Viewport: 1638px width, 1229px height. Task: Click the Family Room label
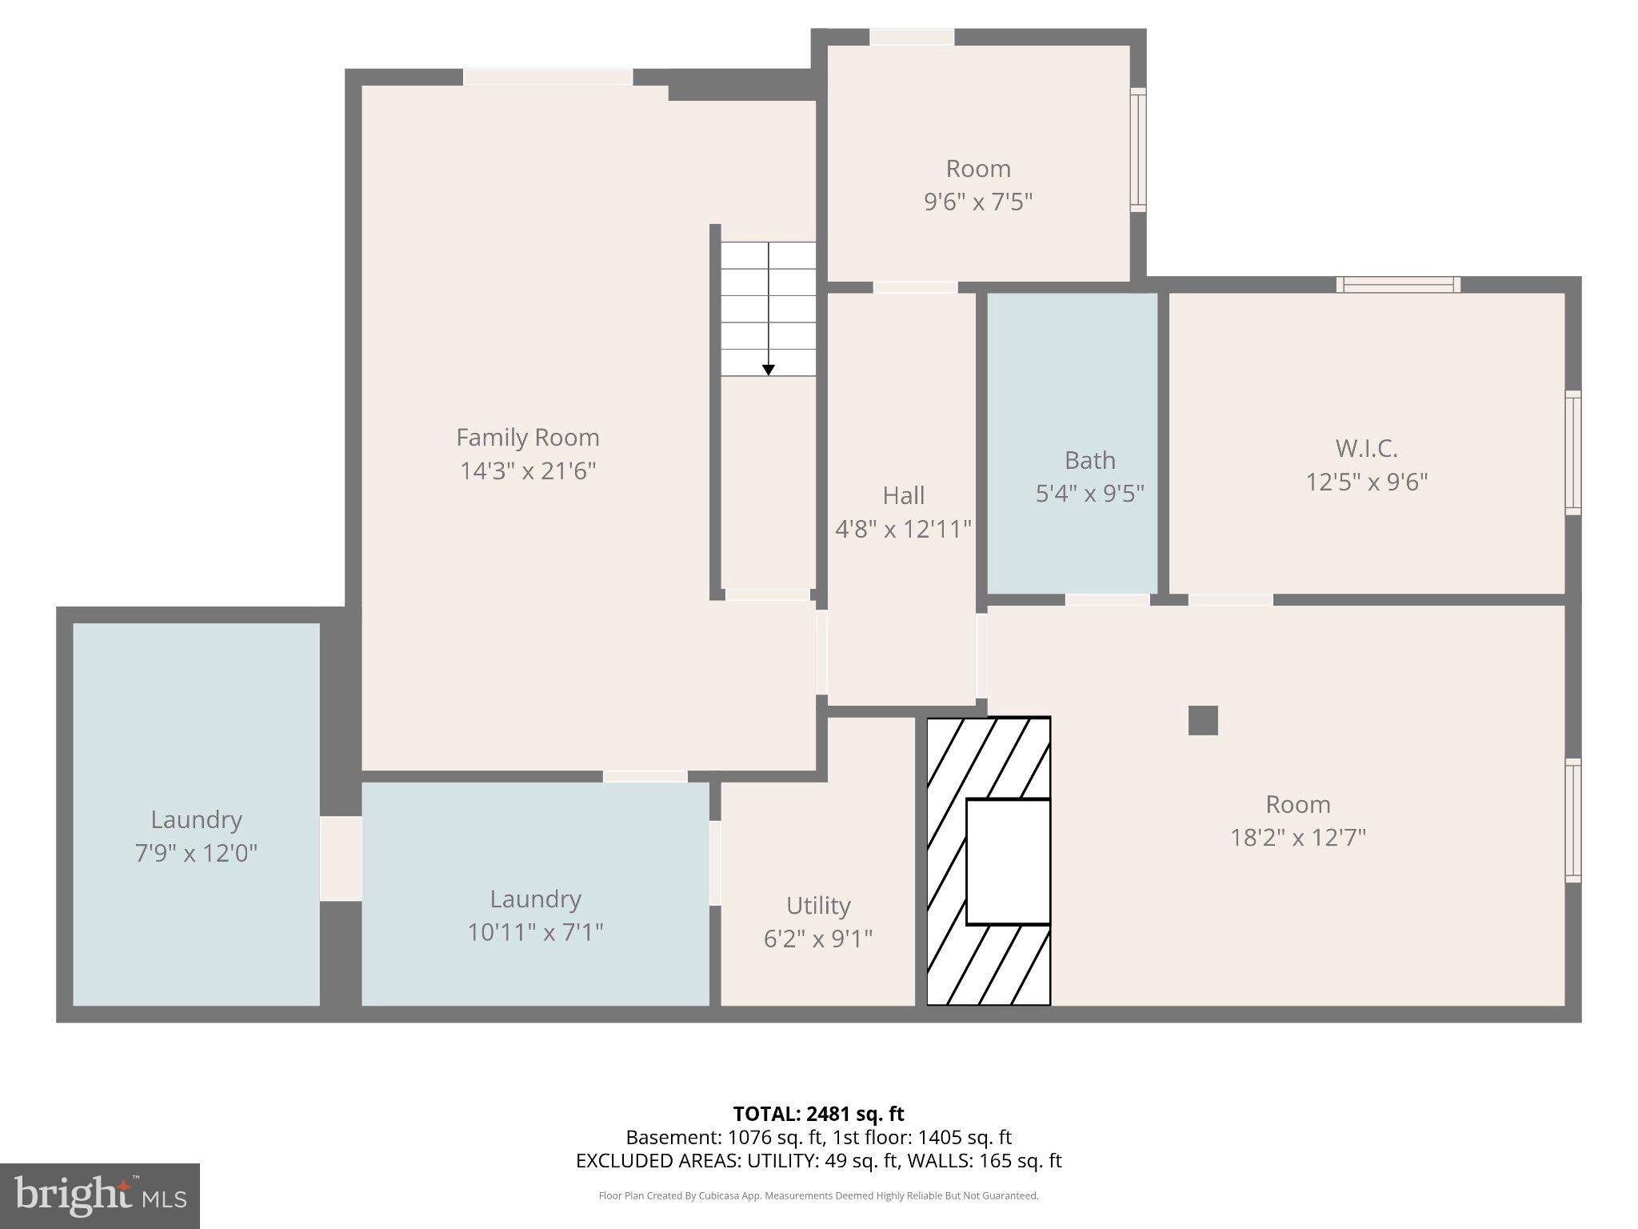click(x=527, y=438)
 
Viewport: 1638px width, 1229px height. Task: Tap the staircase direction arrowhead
click(x=768, y=370)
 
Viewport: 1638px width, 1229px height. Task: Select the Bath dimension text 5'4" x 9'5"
click(x=1089, y=494)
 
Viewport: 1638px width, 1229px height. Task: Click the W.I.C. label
click(x=1366, y=448)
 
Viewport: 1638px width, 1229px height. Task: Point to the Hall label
click(x=903, y=496)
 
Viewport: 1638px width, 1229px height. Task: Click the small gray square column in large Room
click(x=1203, y=720)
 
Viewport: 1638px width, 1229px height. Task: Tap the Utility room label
click(x=817, y=906)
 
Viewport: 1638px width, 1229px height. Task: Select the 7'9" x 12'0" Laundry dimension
click(x=196, y=854)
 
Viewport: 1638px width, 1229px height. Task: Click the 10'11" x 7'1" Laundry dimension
click(x=535, y=933)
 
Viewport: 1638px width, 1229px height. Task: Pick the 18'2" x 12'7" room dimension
click(x=1297, y=838)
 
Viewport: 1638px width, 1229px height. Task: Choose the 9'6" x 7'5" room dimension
click(x=977, y=202)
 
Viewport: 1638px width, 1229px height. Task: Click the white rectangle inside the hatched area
click(x=1008, y=862)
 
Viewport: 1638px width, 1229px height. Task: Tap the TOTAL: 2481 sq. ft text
click(x=818, y=1114)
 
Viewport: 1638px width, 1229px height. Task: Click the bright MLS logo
click(x=99, y=1196)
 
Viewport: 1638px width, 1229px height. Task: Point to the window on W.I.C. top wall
click(x=1397, y=285)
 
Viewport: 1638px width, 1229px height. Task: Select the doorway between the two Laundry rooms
click(x=341, y=858)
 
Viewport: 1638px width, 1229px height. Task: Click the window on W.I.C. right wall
click(x=1572, y=452)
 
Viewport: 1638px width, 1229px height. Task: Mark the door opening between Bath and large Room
click(x=1107, y=599)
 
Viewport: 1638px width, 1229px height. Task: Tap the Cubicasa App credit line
click(x=818, y=1196)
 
